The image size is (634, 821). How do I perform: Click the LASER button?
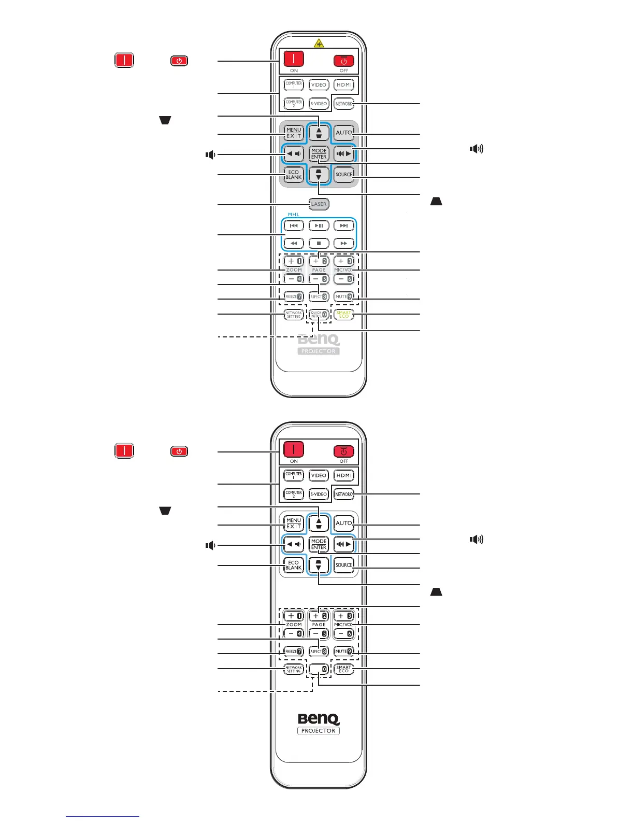tap(319, 204)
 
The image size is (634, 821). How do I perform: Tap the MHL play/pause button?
tap(319, 225)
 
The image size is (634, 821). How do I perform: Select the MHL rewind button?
tap(294, 243)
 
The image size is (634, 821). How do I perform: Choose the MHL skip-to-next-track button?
tap(344, 225)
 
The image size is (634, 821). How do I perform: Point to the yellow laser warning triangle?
tap(319, 43)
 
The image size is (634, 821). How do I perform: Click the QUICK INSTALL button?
tap(319, 314)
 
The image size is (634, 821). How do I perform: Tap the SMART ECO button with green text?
tap(344, 314)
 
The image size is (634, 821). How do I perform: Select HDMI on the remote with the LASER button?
tap(344, 85)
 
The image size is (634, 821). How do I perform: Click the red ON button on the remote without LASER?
tap(294, 449)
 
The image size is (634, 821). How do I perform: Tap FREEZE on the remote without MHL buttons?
tap(294, 652)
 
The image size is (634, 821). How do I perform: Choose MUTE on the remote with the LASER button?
tap(344, 296)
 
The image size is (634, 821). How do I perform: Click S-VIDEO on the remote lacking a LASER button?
tap(319, 494)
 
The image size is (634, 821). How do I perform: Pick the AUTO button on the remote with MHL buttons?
tap(344, 133)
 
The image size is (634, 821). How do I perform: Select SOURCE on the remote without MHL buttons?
tap(344, 565)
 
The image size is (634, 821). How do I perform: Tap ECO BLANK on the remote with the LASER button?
tap(294, 175)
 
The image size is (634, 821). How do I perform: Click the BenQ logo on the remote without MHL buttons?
tap(319, 719)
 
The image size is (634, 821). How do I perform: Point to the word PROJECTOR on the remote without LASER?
tap(319, 731)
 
